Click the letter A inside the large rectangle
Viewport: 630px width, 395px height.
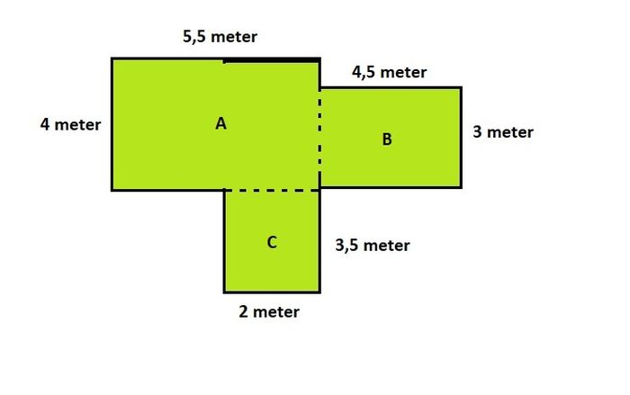220,124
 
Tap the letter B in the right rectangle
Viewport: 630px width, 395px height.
386,139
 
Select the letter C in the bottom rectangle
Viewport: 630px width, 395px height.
272,242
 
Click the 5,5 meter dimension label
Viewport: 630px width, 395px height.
220,37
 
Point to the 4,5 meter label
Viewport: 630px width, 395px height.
390,72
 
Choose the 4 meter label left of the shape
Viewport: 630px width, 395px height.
70,124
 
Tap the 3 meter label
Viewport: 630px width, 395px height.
503,132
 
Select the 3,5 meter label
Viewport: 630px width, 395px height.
373,246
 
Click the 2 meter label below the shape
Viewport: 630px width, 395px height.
269,312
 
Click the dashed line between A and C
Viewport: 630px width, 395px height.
272,190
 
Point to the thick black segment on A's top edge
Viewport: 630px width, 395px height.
272,60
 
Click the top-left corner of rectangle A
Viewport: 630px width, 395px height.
112,59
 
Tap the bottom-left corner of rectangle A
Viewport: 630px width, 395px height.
112,190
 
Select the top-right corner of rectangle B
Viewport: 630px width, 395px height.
461,87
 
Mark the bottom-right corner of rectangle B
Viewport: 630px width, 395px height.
461,187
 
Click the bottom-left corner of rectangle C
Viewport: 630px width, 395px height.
225,292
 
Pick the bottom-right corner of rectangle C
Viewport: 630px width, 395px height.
319,292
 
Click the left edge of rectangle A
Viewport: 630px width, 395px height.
112,124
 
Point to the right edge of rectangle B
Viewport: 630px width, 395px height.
461,138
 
